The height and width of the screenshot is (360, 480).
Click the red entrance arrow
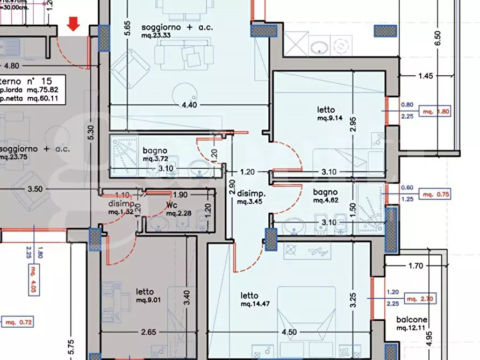tap(74, 24)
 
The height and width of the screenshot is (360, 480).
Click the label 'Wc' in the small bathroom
tap(171, 205)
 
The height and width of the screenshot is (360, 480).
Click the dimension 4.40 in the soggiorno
tap(189, 105)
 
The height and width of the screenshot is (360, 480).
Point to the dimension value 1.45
tap(425, 76)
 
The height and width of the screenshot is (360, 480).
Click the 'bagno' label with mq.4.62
tap(326, 192)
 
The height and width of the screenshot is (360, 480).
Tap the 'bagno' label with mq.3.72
tap(155, 151)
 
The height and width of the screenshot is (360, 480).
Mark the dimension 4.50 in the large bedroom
tap(289, 332)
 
